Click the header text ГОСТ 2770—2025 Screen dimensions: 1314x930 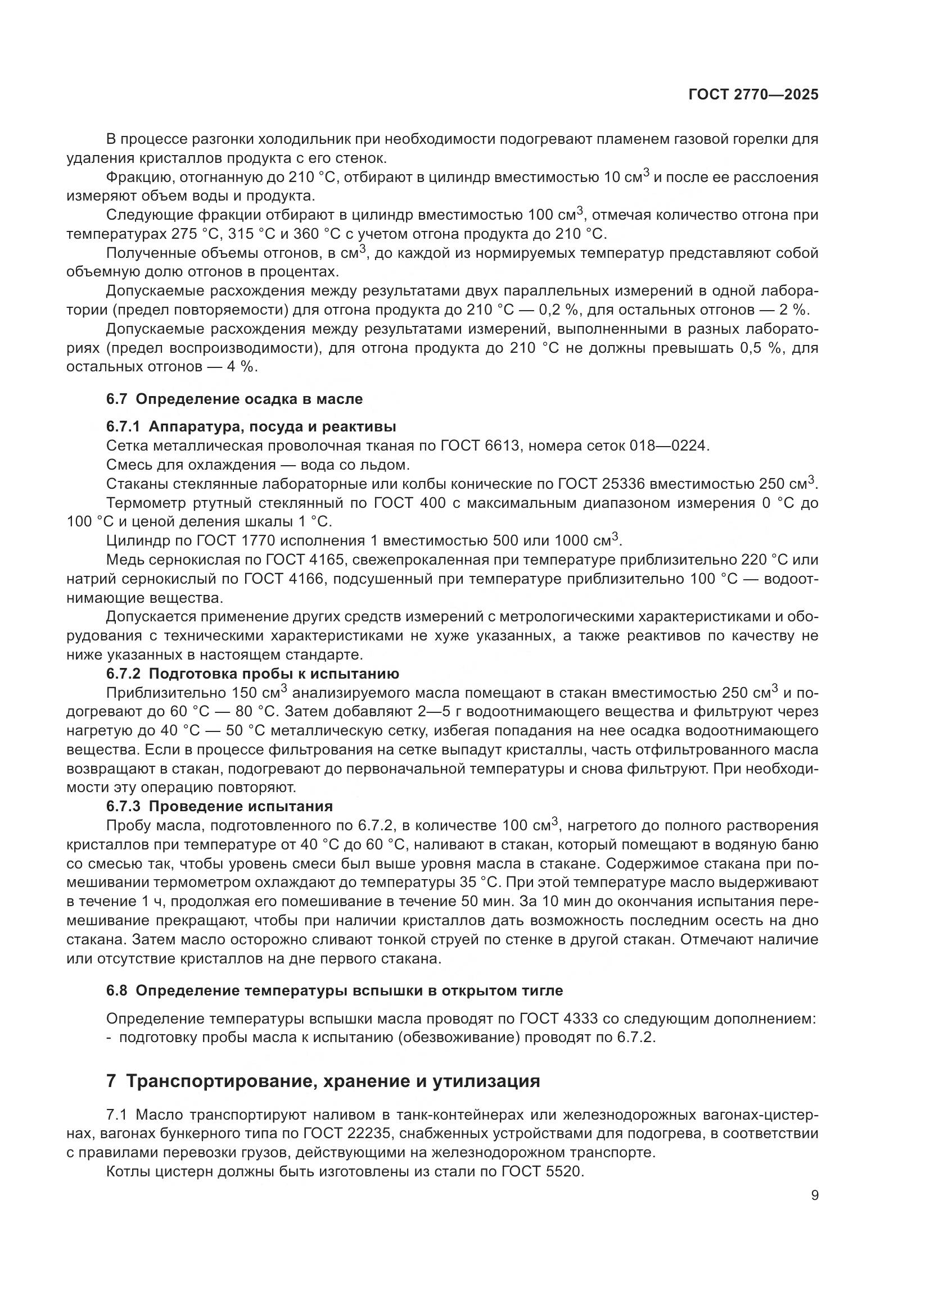click(753, 95)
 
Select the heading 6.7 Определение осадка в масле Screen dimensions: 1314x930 click(234, 399)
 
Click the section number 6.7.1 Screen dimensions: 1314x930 click(123, 427)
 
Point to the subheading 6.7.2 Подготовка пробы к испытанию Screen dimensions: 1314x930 click(252, 674)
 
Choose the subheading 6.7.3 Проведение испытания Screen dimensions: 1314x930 click(219, 806)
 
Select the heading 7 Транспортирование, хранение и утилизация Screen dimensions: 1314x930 click(323, 1081)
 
